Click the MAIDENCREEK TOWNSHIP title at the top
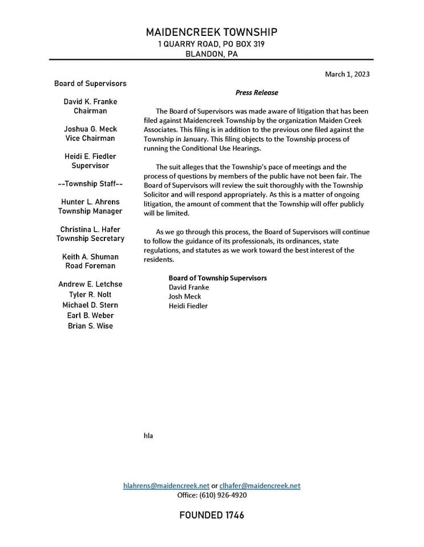point(211,32)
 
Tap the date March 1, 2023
point(347,74)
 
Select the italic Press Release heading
point(257,92)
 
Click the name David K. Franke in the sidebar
point(90,101)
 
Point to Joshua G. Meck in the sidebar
point(90,129)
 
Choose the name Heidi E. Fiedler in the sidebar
point(90,156)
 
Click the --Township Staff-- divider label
point(90,183)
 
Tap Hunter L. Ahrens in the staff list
point(90,202)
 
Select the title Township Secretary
point(90,238)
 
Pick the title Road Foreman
point(90,266)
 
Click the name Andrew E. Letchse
point(90,284)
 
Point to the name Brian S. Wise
point(90,326)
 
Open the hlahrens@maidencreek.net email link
point(166,485)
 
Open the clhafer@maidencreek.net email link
point(260,485)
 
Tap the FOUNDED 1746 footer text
point(211,515)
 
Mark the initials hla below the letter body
point(148,436)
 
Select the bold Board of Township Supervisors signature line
point(217,278)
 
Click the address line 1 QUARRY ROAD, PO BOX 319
point(211,44)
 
